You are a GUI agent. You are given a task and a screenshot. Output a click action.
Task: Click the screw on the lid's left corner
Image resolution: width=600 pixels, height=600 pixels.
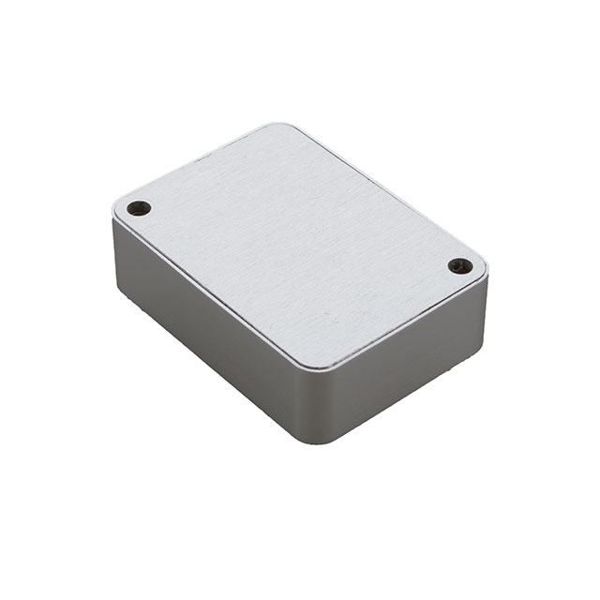click(x=139, y=208)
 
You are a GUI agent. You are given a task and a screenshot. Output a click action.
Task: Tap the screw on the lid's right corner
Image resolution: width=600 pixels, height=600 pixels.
click(x=459, y=266)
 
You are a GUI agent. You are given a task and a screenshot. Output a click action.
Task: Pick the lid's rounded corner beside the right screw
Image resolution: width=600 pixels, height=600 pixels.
click(x=481, y=270)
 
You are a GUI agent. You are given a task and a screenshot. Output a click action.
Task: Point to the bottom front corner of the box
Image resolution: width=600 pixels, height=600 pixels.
click(x=323, y=442)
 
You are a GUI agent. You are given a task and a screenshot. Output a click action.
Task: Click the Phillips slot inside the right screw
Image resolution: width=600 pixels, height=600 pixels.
click(x=459, y=266)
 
